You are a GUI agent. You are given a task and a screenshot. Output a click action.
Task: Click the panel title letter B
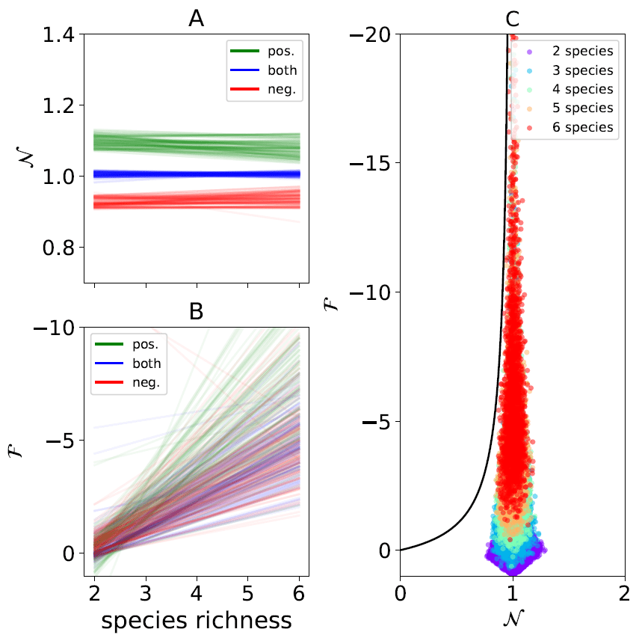tap(196, 312)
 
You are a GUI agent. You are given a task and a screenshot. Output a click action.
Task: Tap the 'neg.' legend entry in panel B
tap(135, 383)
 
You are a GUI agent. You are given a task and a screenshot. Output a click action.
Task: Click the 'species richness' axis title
tap(196, 620)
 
